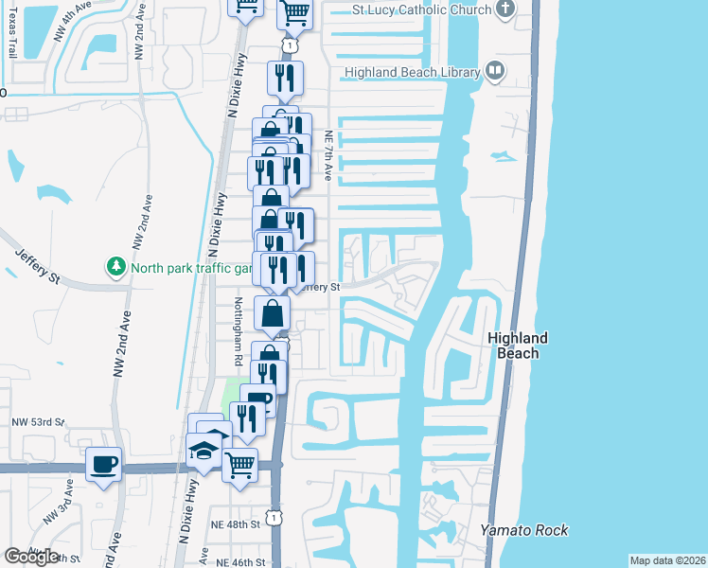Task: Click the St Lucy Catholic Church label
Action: (x=421, y=9)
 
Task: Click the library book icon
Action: (x=494, y=70)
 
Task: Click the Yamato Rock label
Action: (x=524, y=530)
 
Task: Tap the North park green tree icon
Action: (x=116, y=267)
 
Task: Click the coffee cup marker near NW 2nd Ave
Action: (x=104, y=464)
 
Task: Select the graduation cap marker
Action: (x=204, y=451)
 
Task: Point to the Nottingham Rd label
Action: (x=238, y=331)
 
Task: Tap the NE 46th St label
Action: (x=240, y=562)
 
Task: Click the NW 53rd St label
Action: (x=38, y=421)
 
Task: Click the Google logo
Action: (x=31, y=557)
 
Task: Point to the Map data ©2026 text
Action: (x=667, y=560)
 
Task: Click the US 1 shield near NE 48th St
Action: (x=273, y=517)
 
